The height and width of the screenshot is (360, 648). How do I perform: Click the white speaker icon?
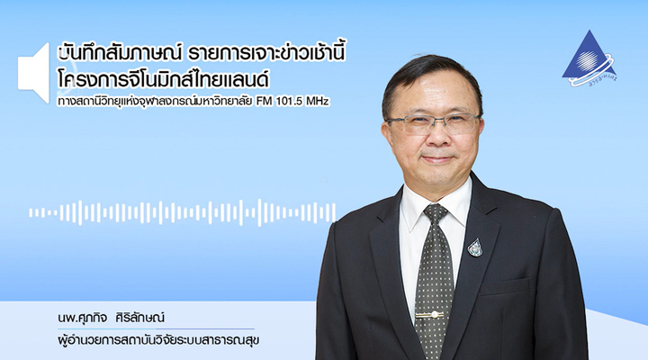[34, 73]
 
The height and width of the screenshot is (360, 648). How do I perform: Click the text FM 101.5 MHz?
[292, 102]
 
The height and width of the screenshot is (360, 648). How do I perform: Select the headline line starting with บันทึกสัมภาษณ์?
[202, 53]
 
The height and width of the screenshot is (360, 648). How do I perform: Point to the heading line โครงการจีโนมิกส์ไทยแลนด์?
[164, 79]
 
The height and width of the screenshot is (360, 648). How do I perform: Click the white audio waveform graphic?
[182, 213]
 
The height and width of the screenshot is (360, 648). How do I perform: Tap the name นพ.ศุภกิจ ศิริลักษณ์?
[112, 318]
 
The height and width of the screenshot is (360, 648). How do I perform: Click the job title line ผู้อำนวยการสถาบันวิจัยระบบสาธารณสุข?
[158, 341]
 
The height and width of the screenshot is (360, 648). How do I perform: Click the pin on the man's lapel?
[475, 247]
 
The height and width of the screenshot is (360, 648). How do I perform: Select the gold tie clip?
[429, 315]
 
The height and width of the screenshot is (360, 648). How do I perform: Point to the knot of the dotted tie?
[436, 213]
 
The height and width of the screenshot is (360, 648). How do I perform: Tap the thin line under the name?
[156, 329]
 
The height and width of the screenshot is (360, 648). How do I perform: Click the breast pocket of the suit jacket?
[504, 286]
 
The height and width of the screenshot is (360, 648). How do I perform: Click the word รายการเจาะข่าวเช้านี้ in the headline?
[266, 53]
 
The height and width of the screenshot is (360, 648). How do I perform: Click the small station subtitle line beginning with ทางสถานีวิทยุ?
[193, 102]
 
